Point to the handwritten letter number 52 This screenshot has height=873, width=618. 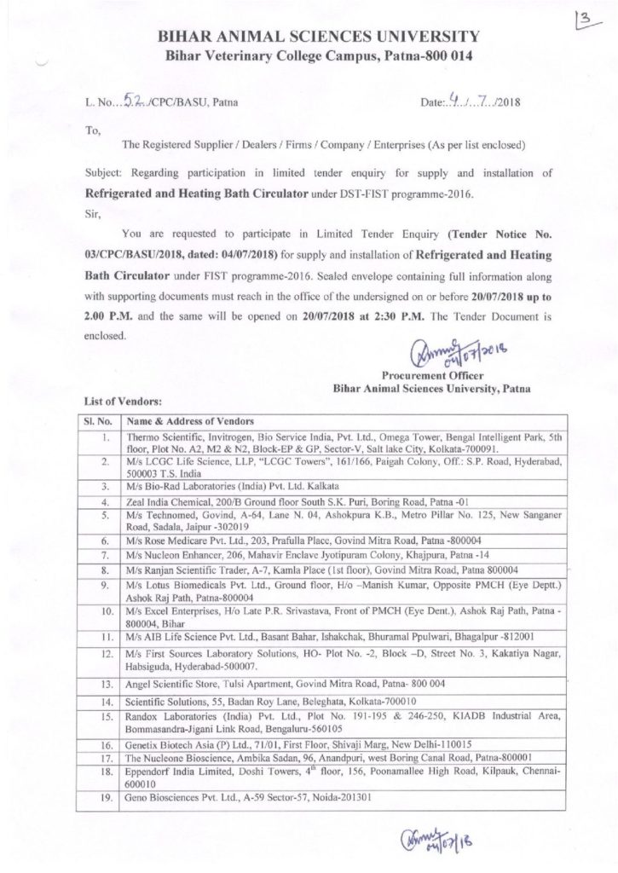pos(131,100)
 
